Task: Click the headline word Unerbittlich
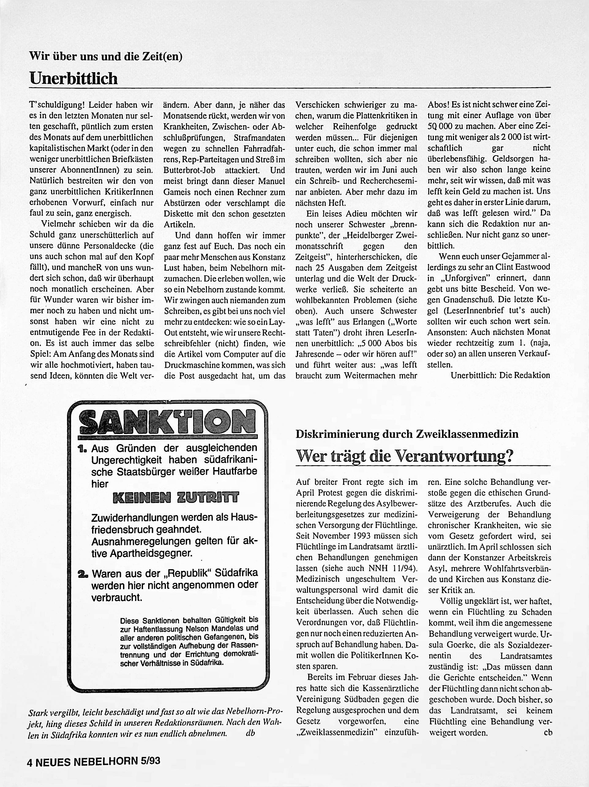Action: (x=73, y=78)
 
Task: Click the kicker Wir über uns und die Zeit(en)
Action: (x=105, y=56)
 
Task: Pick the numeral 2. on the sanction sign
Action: (x=84, y=574)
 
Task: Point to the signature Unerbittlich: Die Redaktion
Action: (x=500, y=375)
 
